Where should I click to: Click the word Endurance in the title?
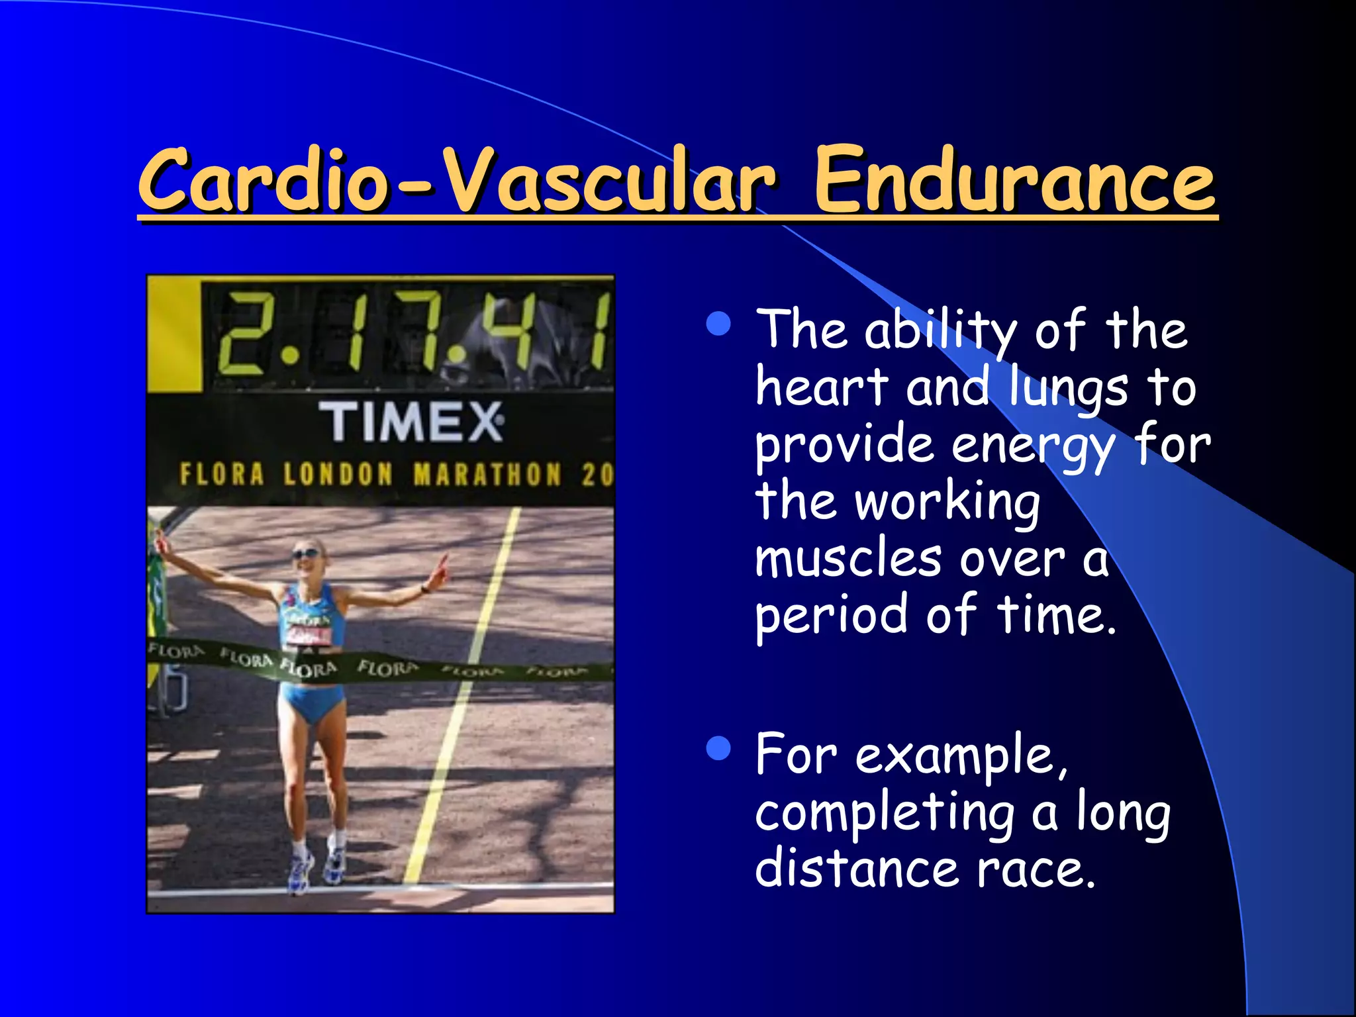(1014, 180)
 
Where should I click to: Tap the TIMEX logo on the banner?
(411, 422)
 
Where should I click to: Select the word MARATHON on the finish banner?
(487, 475)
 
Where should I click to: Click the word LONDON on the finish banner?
(338, 475)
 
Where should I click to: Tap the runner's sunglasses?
(305, 554)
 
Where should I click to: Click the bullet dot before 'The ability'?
(718, 324)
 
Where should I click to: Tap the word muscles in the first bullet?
(848, 558)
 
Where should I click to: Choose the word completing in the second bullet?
(885, 814)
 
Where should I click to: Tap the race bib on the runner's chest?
(308, 634)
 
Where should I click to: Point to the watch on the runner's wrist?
(424, 587)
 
